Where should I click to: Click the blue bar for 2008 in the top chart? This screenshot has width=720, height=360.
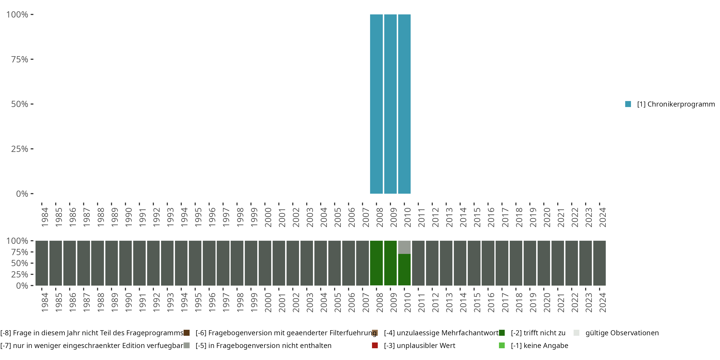point(376,104)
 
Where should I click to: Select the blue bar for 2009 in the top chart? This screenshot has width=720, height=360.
point(390,104)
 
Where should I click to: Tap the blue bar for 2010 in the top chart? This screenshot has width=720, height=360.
point(404,104)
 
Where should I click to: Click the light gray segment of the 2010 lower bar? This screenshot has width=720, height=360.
point(404,247)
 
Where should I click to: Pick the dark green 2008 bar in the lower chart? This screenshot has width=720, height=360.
point(376,263)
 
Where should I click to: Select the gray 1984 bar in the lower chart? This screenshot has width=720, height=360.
point(42,263)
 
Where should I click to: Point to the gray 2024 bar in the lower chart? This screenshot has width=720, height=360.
point(600,263)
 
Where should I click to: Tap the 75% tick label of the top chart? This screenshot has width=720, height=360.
point(20,59)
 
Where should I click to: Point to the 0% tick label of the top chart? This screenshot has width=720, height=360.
point(22,194)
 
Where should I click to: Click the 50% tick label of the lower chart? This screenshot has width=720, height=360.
point(20,263)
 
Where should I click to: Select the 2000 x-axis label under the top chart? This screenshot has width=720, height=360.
point(268,217)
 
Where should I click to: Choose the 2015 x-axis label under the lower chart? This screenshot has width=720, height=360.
point(477,302)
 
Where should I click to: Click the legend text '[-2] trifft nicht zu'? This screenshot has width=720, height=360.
point(538,333)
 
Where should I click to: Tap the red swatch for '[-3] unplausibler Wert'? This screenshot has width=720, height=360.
point(375,345)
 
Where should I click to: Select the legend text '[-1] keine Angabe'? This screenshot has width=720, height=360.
point(540,345)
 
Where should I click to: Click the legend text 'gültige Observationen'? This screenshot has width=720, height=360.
point(622,333)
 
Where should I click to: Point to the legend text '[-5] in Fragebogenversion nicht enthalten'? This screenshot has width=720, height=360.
point(263,345)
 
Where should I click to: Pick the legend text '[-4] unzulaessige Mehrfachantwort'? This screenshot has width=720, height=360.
point(441,333)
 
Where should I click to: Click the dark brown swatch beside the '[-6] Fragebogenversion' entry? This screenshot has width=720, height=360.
point(187,333)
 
